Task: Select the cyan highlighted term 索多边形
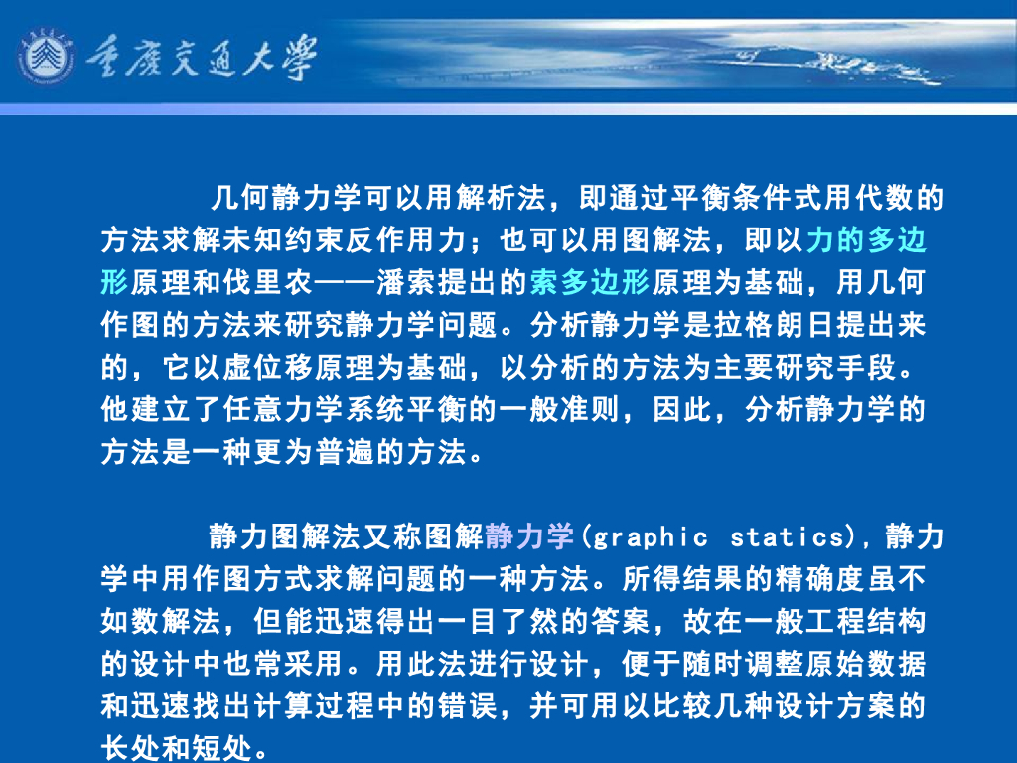coord(589,282)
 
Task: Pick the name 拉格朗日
coord(747,325)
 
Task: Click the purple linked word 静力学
coord(530,537)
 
